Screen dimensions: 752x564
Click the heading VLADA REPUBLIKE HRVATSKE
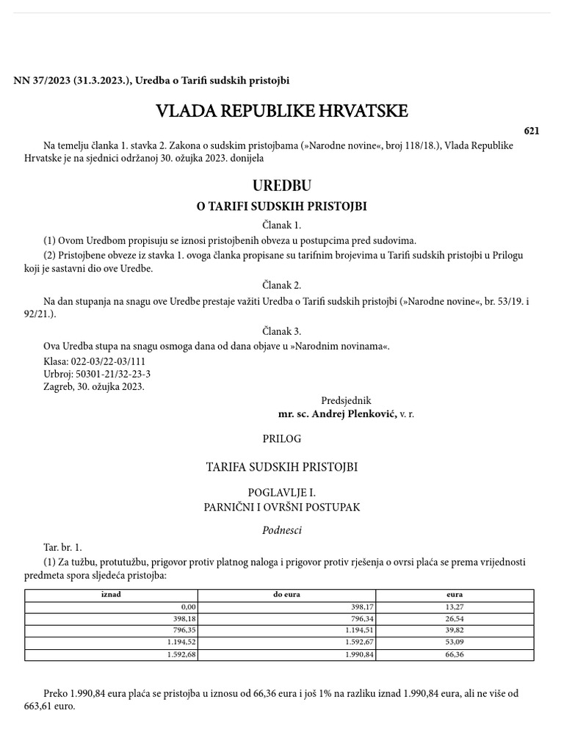[281, 112]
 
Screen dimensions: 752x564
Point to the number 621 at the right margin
[532, 131]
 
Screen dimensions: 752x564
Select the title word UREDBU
[281, 186]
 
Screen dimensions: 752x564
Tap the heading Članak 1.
[281, 225]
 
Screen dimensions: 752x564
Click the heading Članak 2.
[281, 285]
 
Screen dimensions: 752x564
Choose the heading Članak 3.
[281, 331]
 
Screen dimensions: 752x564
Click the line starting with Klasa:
[95, 362]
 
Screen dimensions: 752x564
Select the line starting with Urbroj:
[97, 375]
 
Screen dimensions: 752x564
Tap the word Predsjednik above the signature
[346, 401]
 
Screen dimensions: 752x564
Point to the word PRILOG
[281, 439]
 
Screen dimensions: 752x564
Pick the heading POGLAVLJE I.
[281, 493]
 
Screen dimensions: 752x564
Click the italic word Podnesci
[281, 530]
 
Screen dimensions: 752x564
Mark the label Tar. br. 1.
[63, 548]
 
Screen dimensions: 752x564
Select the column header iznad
[111, 595]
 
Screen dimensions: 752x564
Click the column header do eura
[286, 595]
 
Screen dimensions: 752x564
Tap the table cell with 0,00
[188, 607]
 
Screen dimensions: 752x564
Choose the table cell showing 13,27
[455, 607]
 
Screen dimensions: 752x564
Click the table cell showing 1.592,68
[180, 654]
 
